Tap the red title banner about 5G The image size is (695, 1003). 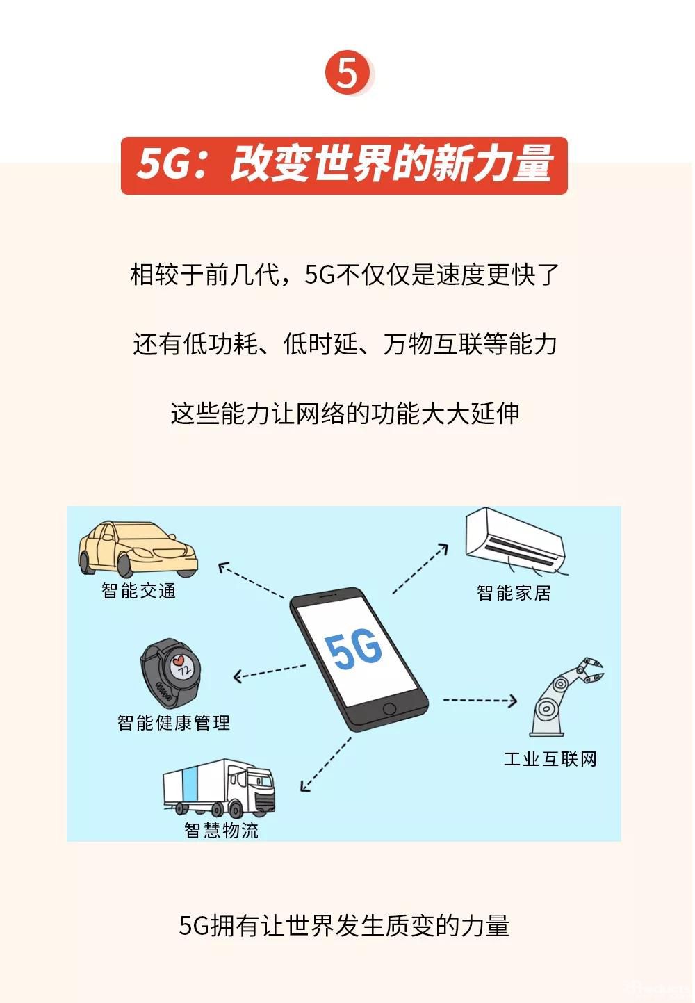(x=344, y=165)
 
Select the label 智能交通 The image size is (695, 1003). (x=139, y=591)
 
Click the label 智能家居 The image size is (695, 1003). (x=514, y=593)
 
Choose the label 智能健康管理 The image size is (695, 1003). (x=174, y=723)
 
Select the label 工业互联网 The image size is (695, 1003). (x=550, y=758)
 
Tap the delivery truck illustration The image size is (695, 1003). (x=219, y=788)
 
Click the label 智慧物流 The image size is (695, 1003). (x=221, y=830)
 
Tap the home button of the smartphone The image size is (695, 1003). (x=389, y=709)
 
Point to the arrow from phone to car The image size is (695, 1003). (x=252, y=580)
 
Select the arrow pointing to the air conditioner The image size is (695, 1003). (x=420, y=569)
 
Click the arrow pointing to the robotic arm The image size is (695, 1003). (x=480, y=700)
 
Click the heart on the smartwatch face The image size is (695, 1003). (x=179, y=659)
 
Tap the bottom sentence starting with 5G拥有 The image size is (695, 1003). (x=344, y=926)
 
